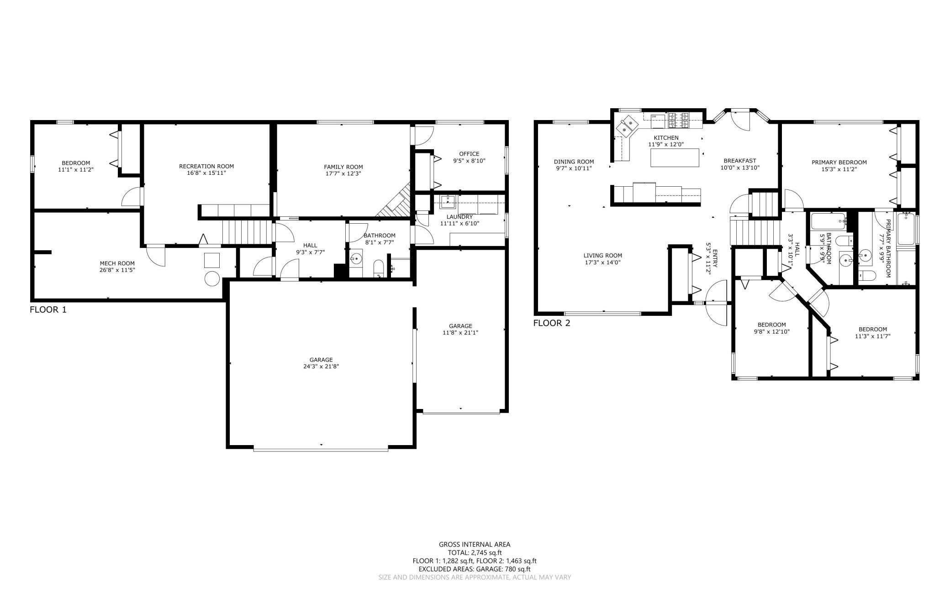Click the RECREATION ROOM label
(x=206, y=166)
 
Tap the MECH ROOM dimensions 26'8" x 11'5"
(x=117, y=270)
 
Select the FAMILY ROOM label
(x=343, y=167)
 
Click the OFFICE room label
(x=469, y=154)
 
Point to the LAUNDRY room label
(x=459, y=217)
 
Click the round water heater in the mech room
(x=212, y=278)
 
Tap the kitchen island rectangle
(x=675, y=157)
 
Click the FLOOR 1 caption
(x=48, y=310)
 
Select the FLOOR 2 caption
(x=552, y=323)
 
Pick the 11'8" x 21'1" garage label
(x=460, y=332)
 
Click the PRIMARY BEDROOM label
(x=839, y=162)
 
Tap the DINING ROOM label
(x=574, y=162)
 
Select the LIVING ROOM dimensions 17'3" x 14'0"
(x=603, y=262)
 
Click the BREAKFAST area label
(x=739, y=161)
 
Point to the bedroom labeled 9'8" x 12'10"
(x=771, y=331)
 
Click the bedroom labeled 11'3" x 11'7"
(x=872, y=336)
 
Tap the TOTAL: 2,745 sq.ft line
(x=475, y=552)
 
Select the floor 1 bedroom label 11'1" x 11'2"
(x=76, y=169)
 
